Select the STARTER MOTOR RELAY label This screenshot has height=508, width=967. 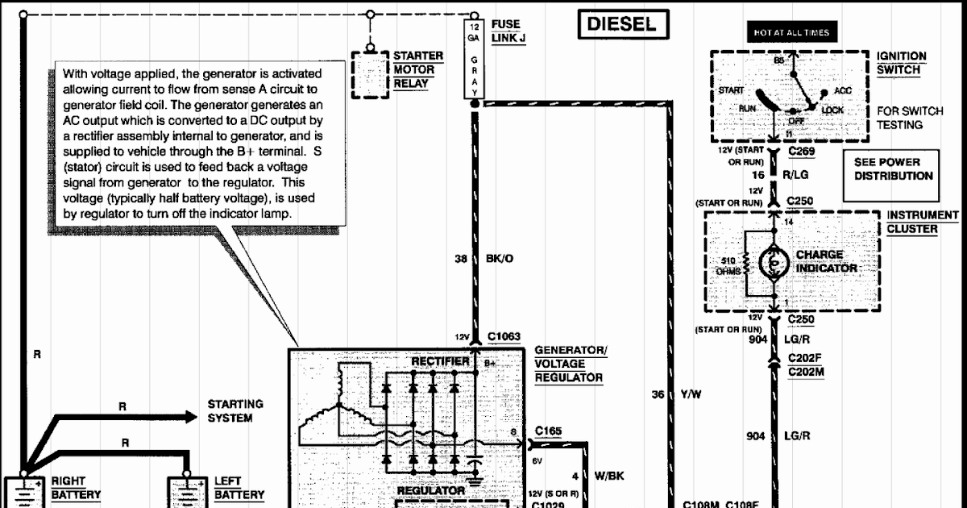(417, 70)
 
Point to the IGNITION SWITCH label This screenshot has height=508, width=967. (902, 63)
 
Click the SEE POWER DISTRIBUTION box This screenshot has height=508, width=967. (893, 169)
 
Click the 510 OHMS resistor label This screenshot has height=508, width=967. (727, 266)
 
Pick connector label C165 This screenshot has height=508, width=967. (547, 431)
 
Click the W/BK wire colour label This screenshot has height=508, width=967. (608, 476)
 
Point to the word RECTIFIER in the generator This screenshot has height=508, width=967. (440, 362)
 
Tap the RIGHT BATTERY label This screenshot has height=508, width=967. (76, 488)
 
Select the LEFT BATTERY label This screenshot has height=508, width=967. (239, 488)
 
